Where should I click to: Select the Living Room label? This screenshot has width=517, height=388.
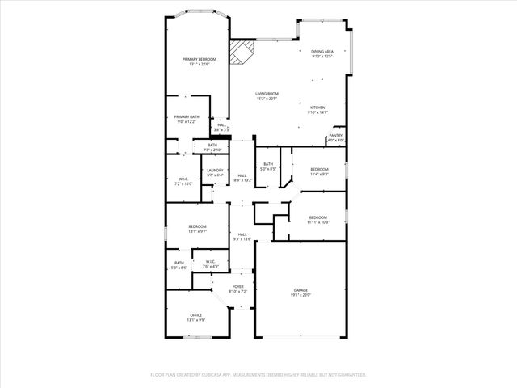(267, 96)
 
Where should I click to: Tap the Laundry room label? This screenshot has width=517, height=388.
(214, 171)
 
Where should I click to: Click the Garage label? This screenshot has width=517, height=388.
(301, 293)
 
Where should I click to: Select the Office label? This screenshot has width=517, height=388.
(195, 317)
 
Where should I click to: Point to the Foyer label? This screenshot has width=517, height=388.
(238, 288)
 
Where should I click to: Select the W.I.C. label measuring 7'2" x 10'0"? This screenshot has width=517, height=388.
(184, 181)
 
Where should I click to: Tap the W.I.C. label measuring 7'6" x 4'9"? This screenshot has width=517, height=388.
(209, 263)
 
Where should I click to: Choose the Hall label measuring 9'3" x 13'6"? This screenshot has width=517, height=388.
(242, 236)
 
